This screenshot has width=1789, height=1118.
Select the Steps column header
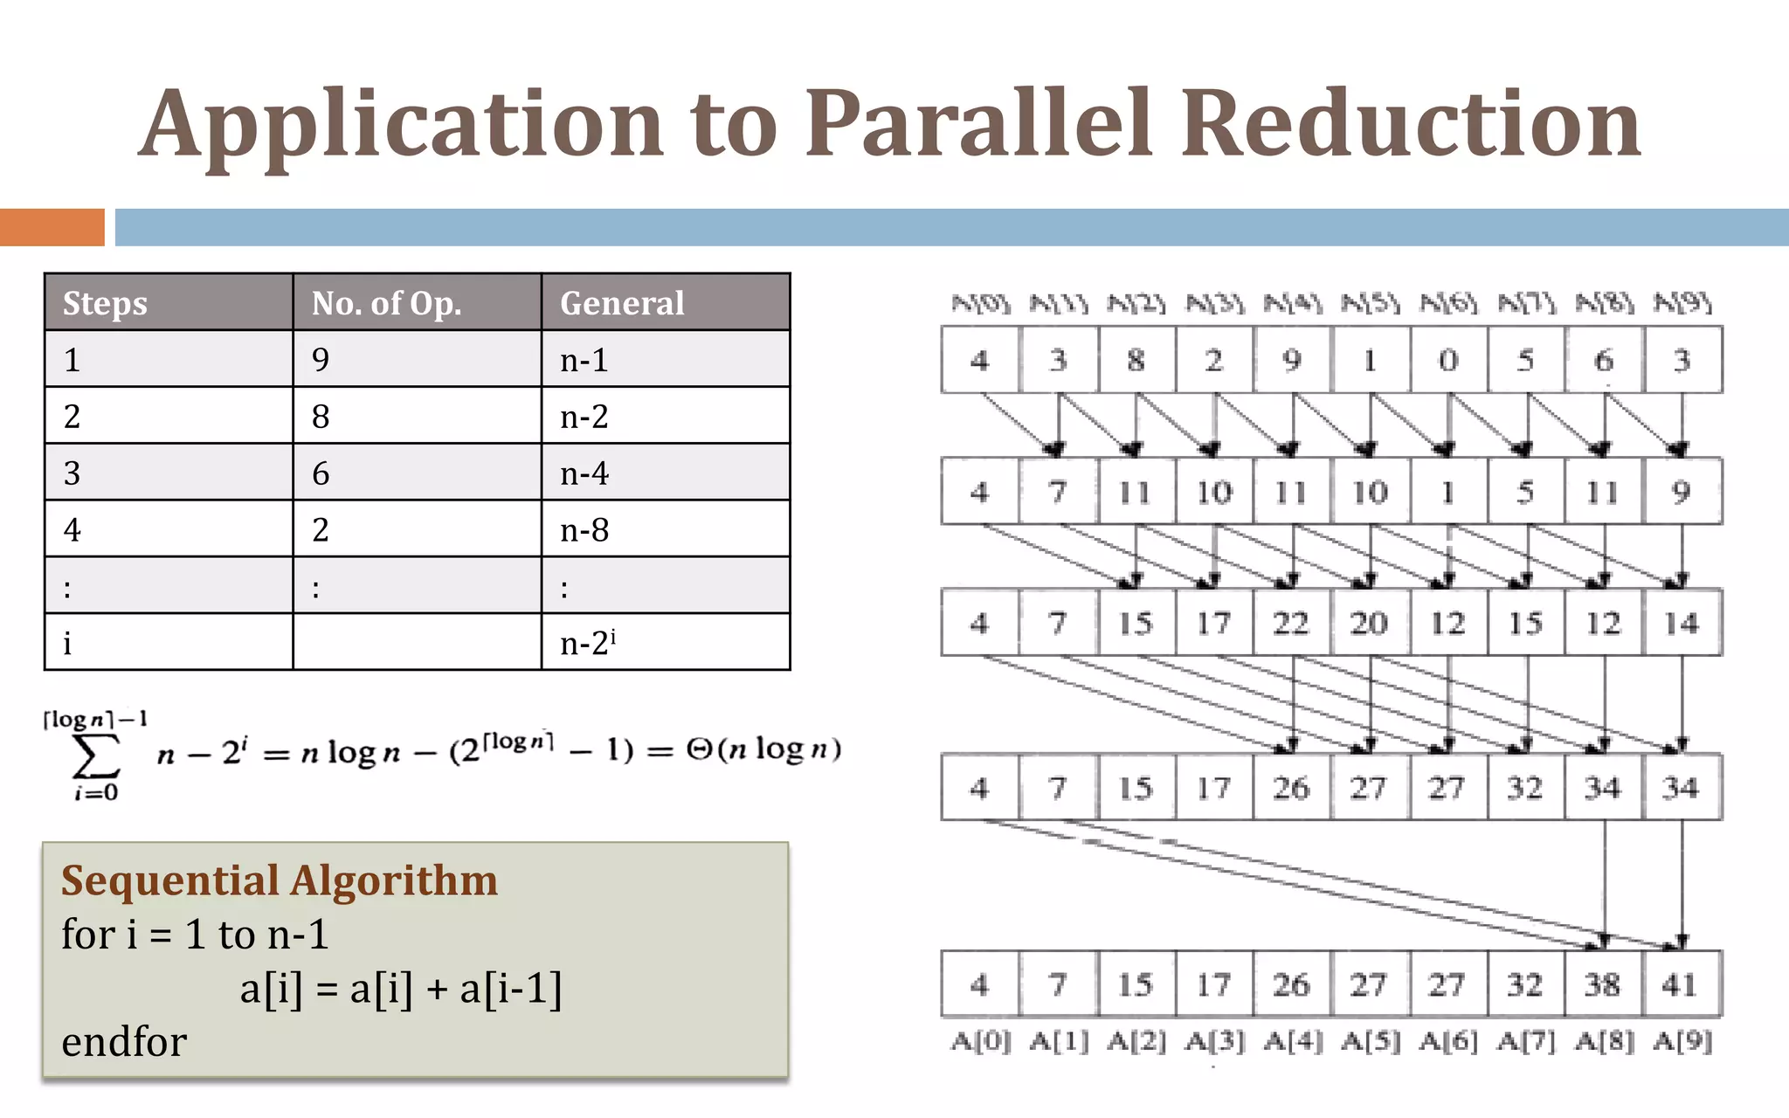(x=105, y=303)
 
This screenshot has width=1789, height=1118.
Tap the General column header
(x=622, y=303)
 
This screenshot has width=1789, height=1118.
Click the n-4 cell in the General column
(x=584, y=473)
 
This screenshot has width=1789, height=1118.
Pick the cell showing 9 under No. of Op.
(x=321, y=360)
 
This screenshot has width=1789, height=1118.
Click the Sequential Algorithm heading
(x=280, y=880)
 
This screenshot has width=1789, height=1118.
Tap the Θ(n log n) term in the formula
(x=763, y=749)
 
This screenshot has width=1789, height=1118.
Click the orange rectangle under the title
(x=52, y=227)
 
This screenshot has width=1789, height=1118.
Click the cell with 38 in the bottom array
(x=1603, y=984)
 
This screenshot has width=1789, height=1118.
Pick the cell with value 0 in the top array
(x=1447, y=360)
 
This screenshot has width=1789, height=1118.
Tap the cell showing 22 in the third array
(x=1291, y=623)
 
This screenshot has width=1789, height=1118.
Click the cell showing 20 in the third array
(x=1369, y=623)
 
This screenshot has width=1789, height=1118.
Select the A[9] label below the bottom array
(x=1682, y=1041)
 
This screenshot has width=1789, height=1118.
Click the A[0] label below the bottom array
(x=980, y=1041)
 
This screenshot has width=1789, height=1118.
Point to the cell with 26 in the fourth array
(x=1291, y=788)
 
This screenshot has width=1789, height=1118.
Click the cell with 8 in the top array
(x=1136, y=360)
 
